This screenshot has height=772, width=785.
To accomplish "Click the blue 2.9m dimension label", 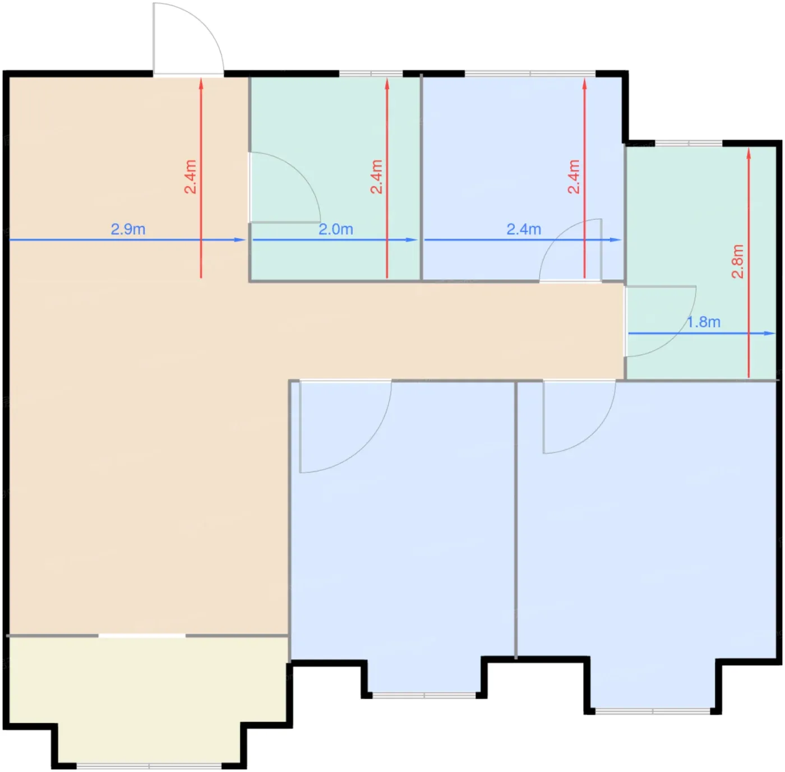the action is point(128,229).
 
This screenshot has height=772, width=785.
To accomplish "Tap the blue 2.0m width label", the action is point(336,229).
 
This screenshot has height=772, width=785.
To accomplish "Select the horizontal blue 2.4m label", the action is point(524,229).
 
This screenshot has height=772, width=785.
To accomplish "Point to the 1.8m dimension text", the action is point(704,322).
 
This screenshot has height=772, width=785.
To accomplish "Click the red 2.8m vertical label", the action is point(738,261).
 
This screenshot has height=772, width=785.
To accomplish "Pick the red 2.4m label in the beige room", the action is point(190,177).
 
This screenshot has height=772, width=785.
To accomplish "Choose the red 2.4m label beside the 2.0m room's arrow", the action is point(376,177).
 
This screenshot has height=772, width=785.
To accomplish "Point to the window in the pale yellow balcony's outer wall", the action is point(149,766).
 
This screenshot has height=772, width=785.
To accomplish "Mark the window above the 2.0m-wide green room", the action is point(371,73).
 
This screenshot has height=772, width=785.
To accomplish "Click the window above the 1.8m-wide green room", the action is point(689,143).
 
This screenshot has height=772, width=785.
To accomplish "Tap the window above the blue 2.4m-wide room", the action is point(530,73).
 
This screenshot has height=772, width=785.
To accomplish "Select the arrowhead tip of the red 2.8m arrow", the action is point(749,148).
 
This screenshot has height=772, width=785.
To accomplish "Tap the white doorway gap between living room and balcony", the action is point(142,636).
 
